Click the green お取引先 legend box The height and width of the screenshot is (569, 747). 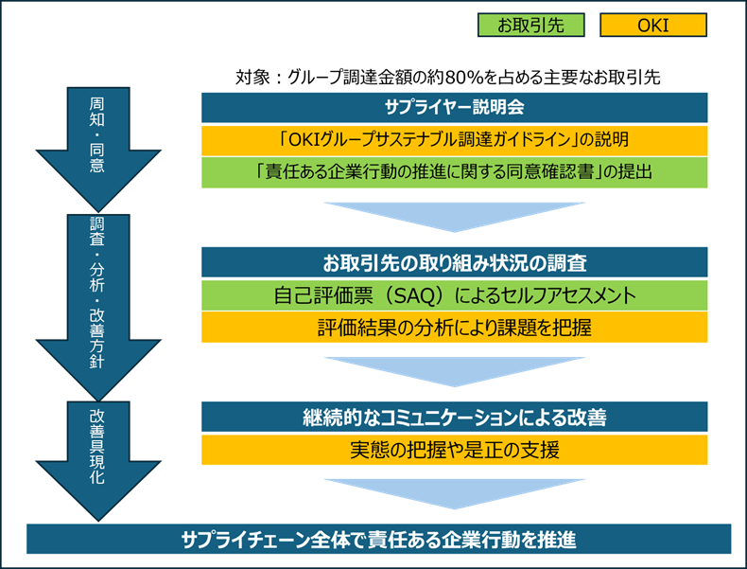tap(530, 26)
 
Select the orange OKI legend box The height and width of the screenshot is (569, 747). tap(653, 26)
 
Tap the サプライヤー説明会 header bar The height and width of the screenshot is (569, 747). tap(455, 107)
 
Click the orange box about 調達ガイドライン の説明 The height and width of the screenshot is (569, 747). tap(455, 140)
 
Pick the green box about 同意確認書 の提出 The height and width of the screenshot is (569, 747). tap(455, 173)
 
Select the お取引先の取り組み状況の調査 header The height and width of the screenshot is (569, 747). tap(455, 262)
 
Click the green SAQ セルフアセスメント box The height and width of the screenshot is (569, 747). tap(455, 295)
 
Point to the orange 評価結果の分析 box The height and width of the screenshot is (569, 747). tap(455, 328)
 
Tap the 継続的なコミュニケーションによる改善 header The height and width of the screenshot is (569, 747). tap(455, 417)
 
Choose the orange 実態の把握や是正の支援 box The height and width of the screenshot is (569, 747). tap(455, 449)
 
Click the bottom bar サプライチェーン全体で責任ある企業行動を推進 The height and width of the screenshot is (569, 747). tap(378, 540)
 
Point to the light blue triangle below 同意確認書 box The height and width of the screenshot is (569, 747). tap(455, 214)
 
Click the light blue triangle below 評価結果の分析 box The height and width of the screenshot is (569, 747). tap(455, 369)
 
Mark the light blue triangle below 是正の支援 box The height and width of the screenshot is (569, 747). tap(455, 490)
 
